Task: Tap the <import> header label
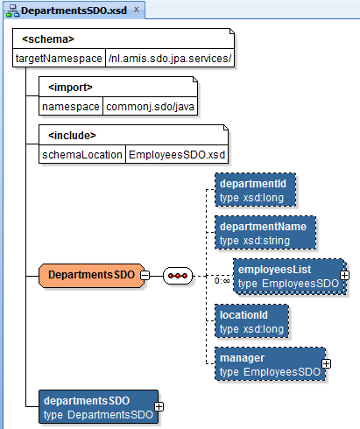pyautogui.click(x=71, y=86)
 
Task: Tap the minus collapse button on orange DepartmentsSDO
pyautogui.click(x=145, y=275)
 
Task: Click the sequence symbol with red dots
pyautogui.click(x=180, y=275)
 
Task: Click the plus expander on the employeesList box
pyautogui.click(x=345, y=275)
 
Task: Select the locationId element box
pyautogui.click(x=251, y=320)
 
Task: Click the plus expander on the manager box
pyautogui.click(x=326, y=362)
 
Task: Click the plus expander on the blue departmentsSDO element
pyautogui.click(x=159, y=406)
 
